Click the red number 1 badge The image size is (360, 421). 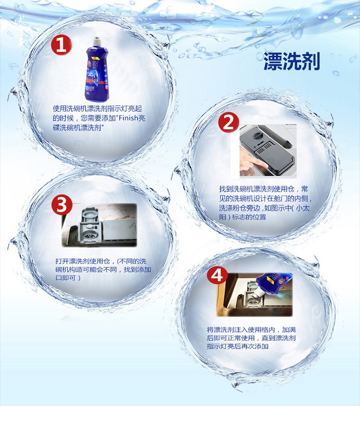(x=61, y=45)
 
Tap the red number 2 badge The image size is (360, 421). (x=228, y=123)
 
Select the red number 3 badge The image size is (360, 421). (x=62, y=205)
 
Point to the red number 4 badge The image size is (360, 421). (x=217, y=276)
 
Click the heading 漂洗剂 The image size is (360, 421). (x=292, y=61)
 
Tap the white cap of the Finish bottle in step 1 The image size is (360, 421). (x=96, y=42)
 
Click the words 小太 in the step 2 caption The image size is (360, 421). (x=303, y=208)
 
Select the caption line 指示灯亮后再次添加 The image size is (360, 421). (x=238, y=347)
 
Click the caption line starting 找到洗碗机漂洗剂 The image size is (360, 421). (x=264, y=189)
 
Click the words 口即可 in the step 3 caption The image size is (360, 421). (x=65, y=278)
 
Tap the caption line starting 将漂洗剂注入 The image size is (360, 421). (x=251, y=330)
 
